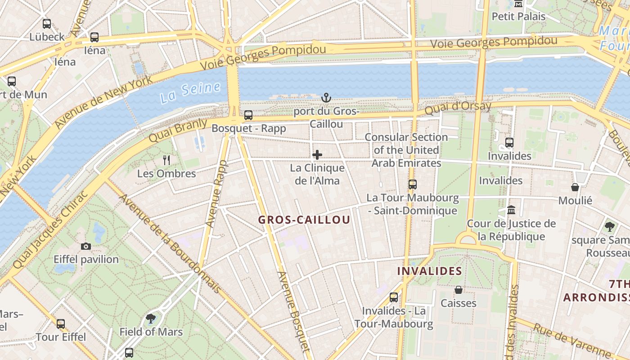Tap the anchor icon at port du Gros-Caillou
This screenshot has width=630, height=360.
(326, 98)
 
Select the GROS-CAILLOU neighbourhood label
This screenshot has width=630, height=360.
(304, 220)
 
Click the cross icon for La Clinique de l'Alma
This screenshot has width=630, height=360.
(317, 155)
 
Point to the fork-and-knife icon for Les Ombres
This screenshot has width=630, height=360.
(166, 160)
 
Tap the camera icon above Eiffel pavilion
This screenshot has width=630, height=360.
(86, 246)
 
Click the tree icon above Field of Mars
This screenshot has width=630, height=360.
(151, 319)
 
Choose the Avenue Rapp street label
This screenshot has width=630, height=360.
(216, 193)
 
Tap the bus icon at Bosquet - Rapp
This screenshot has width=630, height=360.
(248, 115)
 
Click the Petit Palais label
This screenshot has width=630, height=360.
(518, 17)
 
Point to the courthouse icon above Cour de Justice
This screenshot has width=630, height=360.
(511, 210)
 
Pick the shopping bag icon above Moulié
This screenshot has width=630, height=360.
(575, 187)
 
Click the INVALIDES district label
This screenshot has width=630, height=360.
(430, 271)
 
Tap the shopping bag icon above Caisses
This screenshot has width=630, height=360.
(459, 290)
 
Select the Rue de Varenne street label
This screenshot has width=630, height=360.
(571, 340)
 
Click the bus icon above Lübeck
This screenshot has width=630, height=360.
(47, 24)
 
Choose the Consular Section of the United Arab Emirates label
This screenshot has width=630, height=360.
(406, 150)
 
